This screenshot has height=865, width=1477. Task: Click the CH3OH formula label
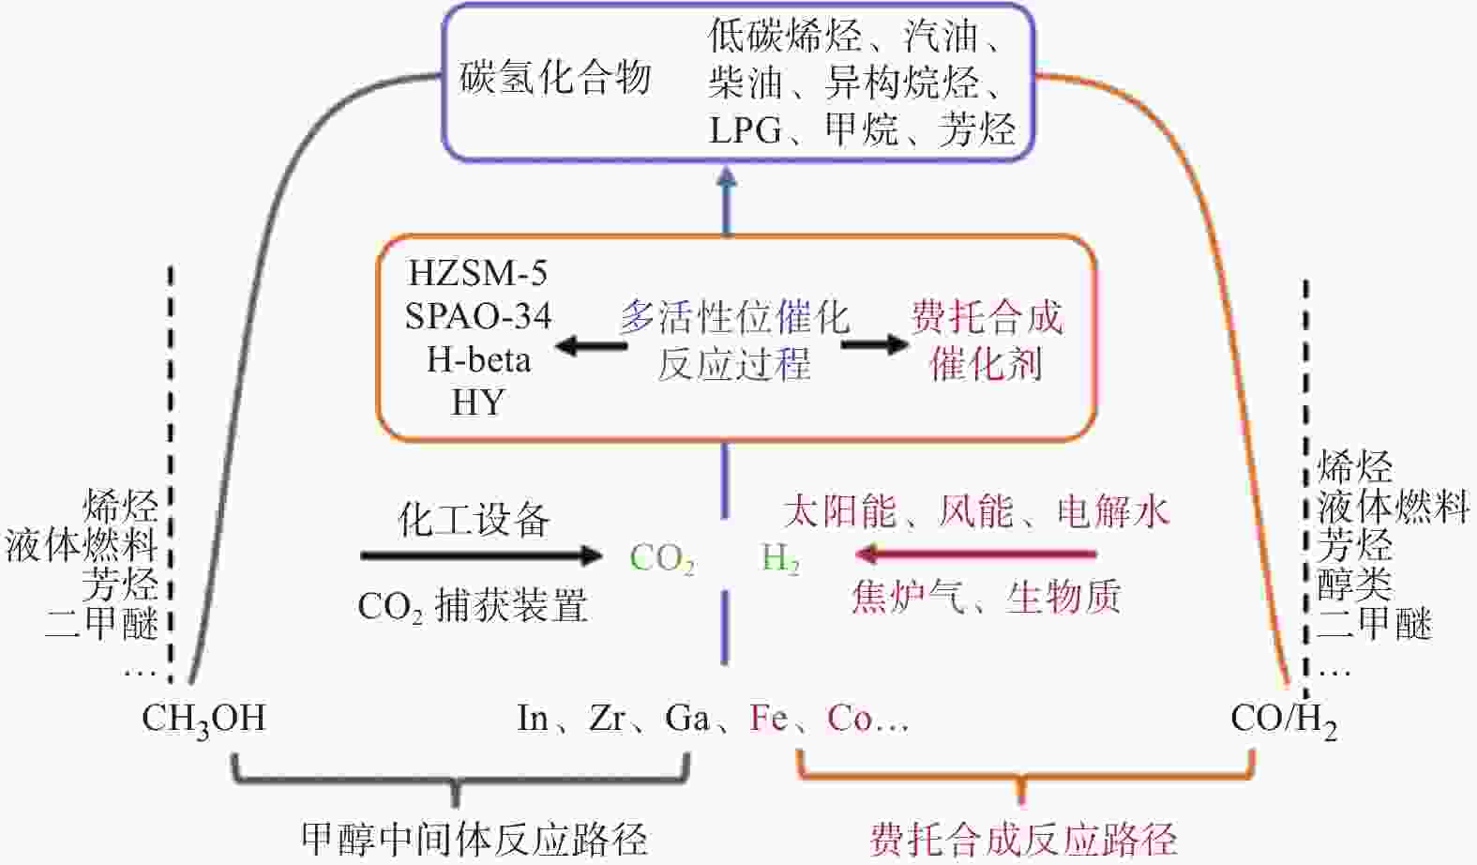[x=203, y=719]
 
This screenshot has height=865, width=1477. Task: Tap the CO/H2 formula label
[x=1283, y=719]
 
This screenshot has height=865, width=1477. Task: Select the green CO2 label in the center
[x=662, y=558]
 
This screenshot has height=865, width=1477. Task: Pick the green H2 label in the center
[x=780, y=558]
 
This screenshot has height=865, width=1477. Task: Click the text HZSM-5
[x=477, y=273]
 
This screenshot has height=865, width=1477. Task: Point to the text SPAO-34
[x=477, y=316]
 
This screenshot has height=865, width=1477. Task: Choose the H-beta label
[x=478, y=359]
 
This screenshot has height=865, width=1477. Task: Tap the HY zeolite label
[x=477, y=402]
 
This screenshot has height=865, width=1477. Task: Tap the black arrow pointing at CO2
[x=481, y=555]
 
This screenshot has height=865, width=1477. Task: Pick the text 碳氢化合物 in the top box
[x=555, y=78]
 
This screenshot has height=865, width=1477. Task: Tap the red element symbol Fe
[x=768, y=719]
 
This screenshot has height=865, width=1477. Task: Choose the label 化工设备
[x=474, y=519]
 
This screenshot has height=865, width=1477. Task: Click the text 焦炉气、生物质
[x=986, y=597]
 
